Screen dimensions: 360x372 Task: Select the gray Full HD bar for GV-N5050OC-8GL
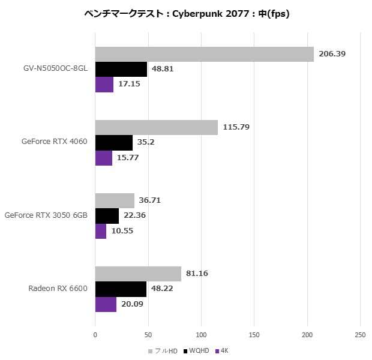click(204, 54)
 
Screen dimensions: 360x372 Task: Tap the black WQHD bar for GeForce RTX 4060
click(114, 143)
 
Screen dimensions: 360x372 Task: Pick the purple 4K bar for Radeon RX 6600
click(106, 304)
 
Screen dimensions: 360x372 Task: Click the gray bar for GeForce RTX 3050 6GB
click(115, 201)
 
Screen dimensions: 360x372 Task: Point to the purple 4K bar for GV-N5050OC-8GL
click(104, 85)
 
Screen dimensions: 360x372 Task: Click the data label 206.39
click(332, 54)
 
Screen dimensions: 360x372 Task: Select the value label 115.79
click(236, 127)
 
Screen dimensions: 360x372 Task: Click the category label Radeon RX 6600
click(58, 289)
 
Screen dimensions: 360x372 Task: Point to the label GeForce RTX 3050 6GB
click(46, 215)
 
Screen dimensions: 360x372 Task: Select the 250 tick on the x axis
click(360, 334)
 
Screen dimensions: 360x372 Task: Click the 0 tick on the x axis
click(95, 334)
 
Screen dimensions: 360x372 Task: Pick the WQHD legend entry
click(196, 350)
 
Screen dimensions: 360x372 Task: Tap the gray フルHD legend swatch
click(150, 350)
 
